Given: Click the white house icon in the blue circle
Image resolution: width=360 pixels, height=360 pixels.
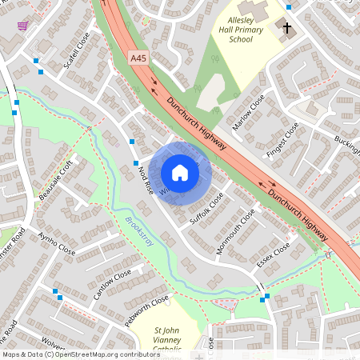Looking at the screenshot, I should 180,172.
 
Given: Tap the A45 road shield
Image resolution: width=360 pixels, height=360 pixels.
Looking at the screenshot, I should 138,57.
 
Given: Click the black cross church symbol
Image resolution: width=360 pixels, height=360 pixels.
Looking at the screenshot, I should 287,27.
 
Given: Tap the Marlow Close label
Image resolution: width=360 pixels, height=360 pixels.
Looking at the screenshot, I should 248,110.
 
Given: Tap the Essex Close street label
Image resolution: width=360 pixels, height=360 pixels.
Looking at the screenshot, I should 274,256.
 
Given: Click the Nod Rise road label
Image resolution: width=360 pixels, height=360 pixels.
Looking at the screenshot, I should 145,178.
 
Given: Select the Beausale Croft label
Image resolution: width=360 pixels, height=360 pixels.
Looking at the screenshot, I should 56,179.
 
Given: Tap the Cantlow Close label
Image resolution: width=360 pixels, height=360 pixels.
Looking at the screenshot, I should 113,284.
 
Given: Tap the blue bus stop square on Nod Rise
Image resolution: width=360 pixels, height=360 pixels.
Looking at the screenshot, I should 132,142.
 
